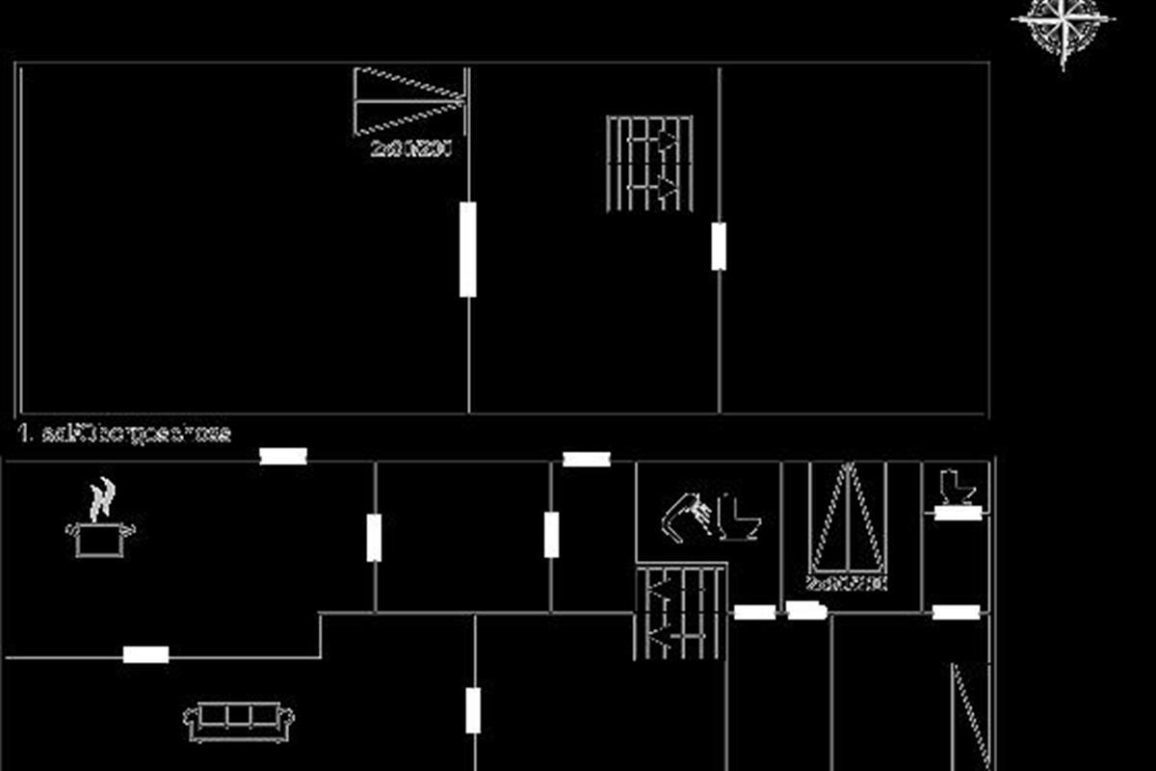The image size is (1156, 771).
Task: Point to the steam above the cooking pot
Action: coord(100,499)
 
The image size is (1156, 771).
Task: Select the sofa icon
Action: coord(239,721)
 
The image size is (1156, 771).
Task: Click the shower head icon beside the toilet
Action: coord(686,515)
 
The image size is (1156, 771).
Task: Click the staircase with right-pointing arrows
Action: coord(649,163)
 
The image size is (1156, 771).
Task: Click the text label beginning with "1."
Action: coord(125,433)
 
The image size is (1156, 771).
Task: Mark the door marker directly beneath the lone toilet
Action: coord(958,513)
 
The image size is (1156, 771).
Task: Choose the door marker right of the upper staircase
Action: coord(719,246)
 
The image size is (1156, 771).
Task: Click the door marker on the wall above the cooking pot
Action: coord(283,456)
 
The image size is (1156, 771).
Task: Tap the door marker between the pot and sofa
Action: coord(146,655)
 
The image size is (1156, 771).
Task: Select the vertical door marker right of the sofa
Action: coord(473,710)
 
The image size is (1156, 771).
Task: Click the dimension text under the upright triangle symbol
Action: coord(847,584)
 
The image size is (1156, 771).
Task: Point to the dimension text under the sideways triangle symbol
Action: coord(411,148)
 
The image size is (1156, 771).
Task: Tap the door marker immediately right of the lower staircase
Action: coord(754,612)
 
